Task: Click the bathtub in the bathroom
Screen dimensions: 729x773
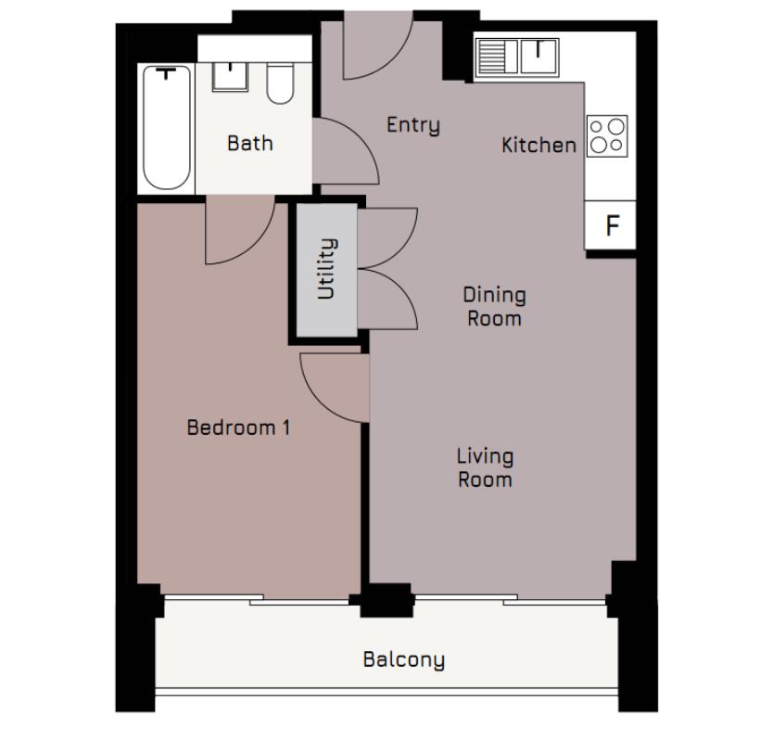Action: point(167,127)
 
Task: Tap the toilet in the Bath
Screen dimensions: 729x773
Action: point(278,83)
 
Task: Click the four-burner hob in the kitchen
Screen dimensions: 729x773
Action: point(607,136)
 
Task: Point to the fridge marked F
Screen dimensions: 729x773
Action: point(611,225)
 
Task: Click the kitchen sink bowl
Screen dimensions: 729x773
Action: point(538,56)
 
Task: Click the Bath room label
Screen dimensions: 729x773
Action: point(250,143)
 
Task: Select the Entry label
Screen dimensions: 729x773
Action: point(412,124)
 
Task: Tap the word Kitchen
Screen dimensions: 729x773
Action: point(539,145)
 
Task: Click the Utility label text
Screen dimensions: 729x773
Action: point(326,269)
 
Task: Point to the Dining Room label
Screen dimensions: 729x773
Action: point(494,306)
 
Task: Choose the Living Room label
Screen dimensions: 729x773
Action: point(485,467)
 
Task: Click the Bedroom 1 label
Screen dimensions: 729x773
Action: point(238,428)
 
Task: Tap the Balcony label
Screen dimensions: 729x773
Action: point(403,659)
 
